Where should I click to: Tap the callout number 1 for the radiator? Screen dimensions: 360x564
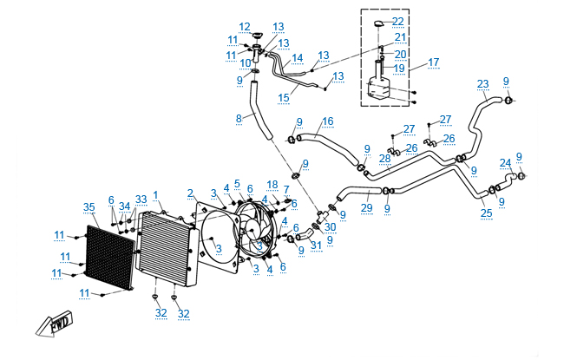pos(155,194)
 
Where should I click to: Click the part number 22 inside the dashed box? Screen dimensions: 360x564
pos(397,21)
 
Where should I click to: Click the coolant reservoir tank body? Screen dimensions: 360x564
pos(379,87)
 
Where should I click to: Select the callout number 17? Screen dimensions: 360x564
pos(434,62)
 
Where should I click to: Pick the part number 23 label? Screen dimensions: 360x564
pos(482,84)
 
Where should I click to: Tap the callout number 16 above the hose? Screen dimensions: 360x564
pos(327,121)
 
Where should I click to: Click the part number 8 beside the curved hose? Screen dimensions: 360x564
pos(239,117)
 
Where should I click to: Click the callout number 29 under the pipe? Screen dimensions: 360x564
pos(366,209)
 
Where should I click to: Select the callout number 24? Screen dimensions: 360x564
pos(505,162)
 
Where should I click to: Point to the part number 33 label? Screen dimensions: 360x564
pos(141,200)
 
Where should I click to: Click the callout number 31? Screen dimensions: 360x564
pos(316,245)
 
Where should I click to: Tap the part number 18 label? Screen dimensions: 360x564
pos(272,185)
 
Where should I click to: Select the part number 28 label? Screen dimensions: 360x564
pos(384,159)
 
